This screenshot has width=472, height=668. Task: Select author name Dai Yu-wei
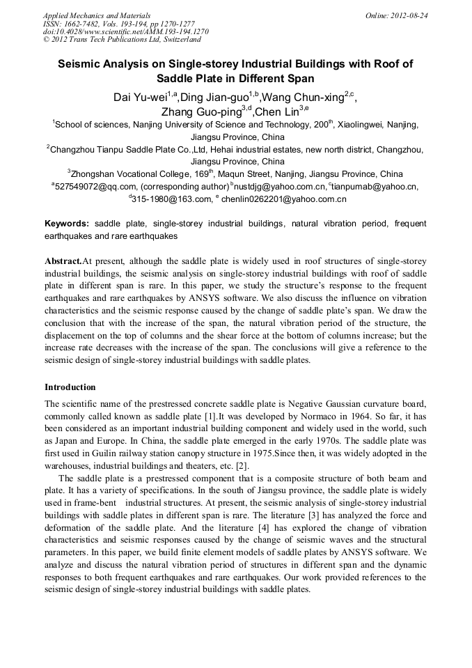click(139, 97)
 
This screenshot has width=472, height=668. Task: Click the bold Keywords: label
click(67, 224)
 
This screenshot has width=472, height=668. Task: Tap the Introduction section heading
click(70, 387)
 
